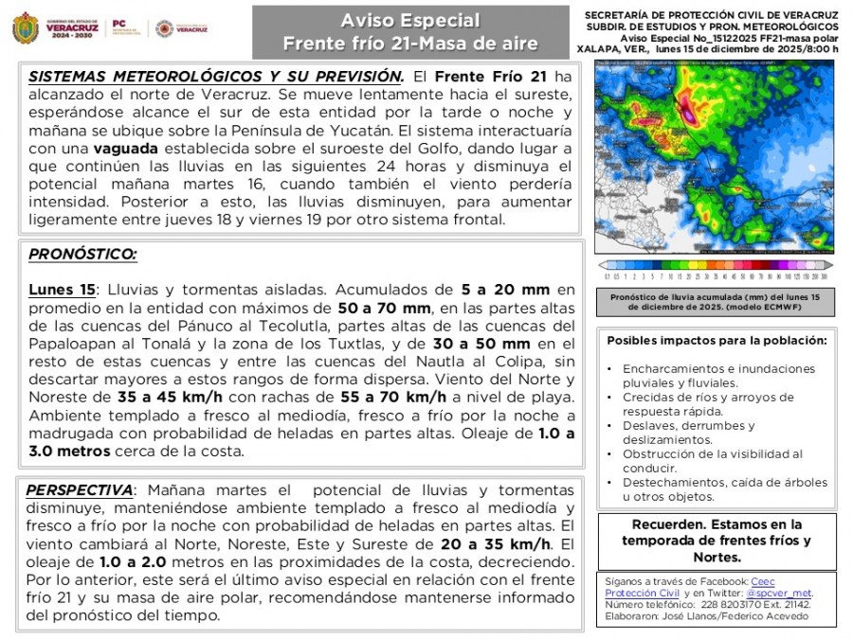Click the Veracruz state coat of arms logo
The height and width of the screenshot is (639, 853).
tap(25, 28)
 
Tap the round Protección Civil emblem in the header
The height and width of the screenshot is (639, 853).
tap(164, 28)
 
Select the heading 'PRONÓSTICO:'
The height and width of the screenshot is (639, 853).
tap(82, 255)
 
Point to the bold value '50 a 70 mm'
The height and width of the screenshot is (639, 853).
tap(378, 308)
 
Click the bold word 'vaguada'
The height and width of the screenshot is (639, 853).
tap(126, 149)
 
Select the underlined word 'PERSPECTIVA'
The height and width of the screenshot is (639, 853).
tap(80, 489)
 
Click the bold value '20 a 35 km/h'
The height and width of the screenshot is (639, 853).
tap(492, 543)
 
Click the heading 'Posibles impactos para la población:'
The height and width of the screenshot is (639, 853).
tap(717, 341)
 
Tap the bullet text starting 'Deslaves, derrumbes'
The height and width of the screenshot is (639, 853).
tap(689, 426)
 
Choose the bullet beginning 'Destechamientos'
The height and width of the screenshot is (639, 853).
tap(724, 483)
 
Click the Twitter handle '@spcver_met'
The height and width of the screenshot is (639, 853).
tap(786, 594)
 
